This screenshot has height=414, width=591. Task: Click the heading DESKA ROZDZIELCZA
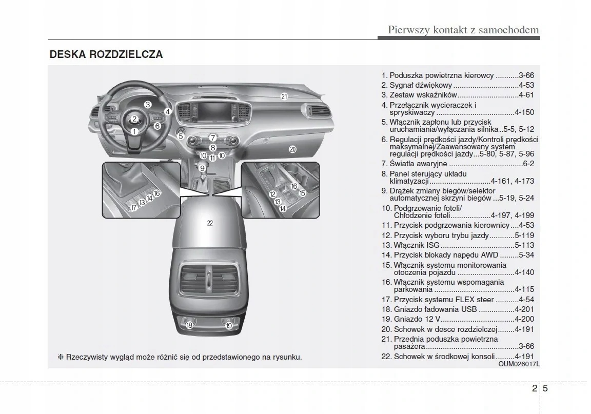click(106, 54)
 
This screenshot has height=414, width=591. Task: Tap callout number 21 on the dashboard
click(284, 96)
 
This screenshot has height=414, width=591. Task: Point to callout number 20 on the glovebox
click(292, 149)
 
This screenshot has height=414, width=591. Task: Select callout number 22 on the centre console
click(210, 223)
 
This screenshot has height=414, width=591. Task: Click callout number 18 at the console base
click(189, 325)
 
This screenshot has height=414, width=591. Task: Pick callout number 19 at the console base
click(229, 325)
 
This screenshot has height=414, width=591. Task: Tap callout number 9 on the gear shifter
click(203, 168)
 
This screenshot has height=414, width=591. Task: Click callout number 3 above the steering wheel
click(148, 105)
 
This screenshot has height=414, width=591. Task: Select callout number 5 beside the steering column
click(181, 136)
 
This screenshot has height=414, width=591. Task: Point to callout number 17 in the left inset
click(133, 207)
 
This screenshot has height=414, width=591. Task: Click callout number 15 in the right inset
click(302, 193)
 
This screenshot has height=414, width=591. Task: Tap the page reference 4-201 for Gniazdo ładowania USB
click(524, 309)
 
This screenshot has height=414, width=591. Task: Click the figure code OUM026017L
click(519, 364)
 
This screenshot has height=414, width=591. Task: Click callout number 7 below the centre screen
click(212, 138)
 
